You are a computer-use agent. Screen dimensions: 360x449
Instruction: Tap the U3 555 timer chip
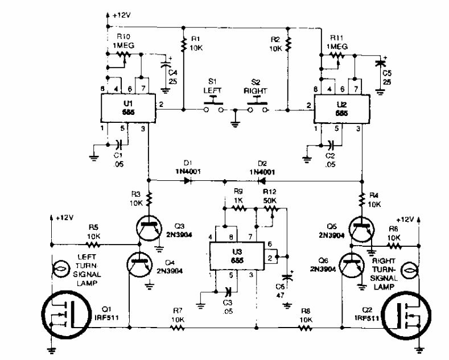click(233, 253)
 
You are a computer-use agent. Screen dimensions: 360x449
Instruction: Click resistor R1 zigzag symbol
click(184, 42)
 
